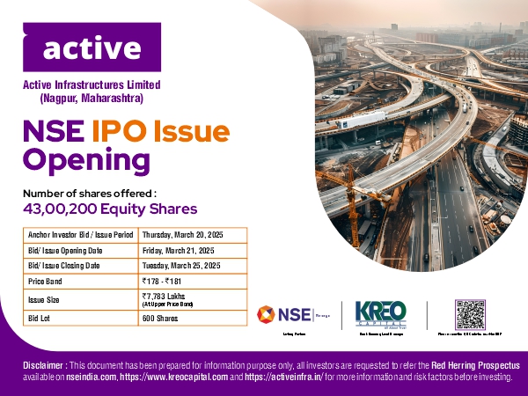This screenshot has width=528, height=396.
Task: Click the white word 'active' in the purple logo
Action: [x=92, y=49]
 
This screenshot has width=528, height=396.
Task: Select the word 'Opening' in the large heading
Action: [x=86, y=160]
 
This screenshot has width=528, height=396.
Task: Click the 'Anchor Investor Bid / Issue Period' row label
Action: [x=80, y=236]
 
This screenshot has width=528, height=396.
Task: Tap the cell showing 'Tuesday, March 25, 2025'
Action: [x=180, y=265]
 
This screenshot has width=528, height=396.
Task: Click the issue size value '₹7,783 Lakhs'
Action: [x=166, y=297]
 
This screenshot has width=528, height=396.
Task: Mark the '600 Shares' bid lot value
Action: [x=160, y=317]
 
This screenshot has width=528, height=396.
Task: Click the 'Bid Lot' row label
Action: [x=40, y=317]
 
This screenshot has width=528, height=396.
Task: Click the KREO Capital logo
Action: [x=379, y=314]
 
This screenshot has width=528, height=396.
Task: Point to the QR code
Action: [x=470, y=314]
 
